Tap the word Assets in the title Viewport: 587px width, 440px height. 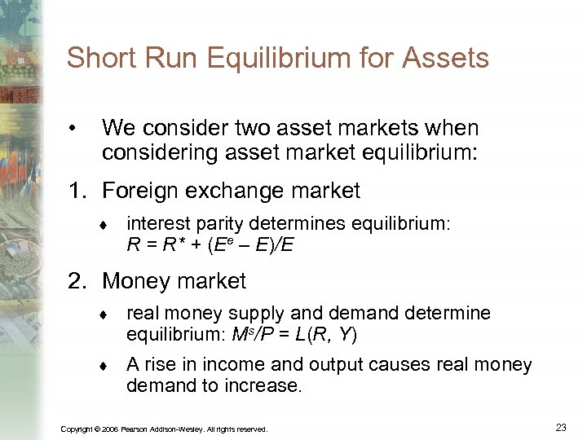[x=448, y=59]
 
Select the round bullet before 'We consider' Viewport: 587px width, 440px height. [x=73, y=129]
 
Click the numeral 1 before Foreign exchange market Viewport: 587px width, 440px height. [x=75, y=191]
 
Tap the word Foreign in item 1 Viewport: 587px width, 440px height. [x=143, y=191]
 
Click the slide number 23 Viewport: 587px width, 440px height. [x=560, y=427]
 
